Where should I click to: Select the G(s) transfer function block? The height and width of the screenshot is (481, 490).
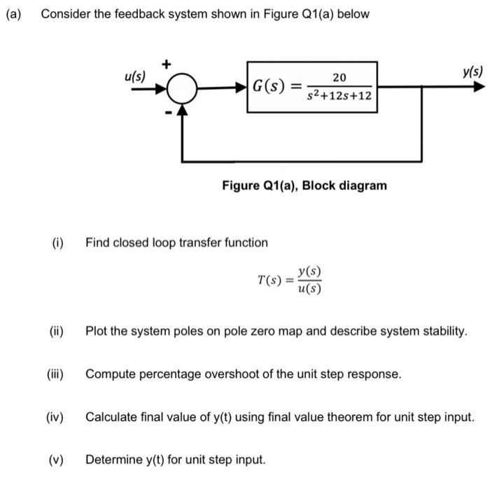click(312, 87)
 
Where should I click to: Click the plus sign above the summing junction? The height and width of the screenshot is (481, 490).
click(167, 65)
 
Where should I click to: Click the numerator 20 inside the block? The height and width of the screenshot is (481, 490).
click(340, 76)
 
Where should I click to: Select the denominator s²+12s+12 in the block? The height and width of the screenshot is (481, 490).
click(340, 97)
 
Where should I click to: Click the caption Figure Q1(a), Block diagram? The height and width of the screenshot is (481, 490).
click(304, 186)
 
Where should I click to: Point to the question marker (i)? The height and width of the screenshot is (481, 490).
click(57, 243)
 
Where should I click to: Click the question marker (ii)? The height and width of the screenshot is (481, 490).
click(56, 331)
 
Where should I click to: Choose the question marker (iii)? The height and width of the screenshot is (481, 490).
click(55, 374)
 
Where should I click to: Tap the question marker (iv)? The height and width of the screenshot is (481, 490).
click(55, 418)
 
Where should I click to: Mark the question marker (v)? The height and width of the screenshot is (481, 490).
click(56, 461)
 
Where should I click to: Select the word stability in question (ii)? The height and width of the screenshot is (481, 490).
click(442, 331)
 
